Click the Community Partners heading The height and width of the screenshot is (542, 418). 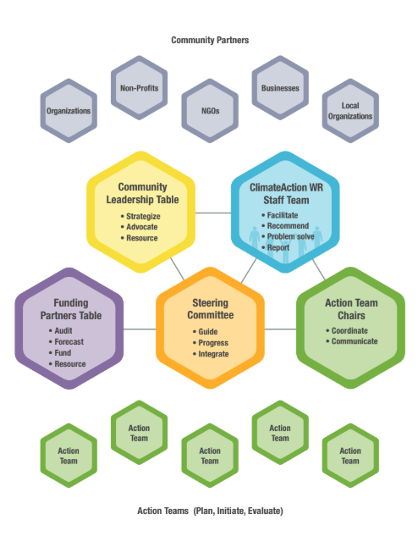pos(210,40)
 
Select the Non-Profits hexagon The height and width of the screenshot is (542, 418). pos(140,88)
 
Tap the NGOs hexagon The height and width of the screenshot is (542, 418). pos(210,111)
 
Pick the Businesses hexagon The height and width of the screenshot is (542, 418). pos(280,88)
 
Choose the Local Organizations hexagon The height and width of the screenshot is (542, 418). pos(350,111)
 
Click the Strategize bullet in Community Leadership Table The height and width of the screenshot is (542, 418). pos(140,217)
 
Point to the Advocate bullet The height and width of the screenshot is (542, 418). pos(139,227)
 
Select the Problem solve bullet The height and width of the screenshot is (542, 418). pos(288,236)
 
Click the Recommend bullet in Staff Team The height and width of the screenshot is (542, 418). pos(285,226)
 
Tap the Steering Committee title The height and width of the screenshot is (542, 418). pos(211,308)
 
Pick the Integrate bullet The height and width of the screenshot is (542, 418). pos(211,354)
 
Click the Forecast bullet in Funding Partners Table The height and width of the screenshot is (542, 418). pos(66,342)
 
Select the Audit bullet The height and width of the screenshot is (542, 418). pos(60,331)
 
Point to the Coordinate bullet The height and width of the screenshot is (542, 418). pos(346,331)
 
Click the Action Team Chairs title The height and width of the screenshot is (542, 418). pos(351,309)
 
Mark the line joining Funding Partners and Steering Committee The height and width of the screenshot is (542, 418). pos(140,329)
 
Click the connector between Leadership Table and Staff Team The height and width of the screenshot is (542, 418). pos(213,213)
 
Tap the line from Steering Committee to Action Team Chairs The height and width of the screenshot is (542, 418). pos(280,329)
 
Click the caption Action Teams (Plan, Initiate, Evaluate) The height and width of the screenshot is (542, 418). pos(210,511)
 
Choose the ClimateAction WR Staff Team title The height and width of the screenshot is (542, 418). pos(286,194)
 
